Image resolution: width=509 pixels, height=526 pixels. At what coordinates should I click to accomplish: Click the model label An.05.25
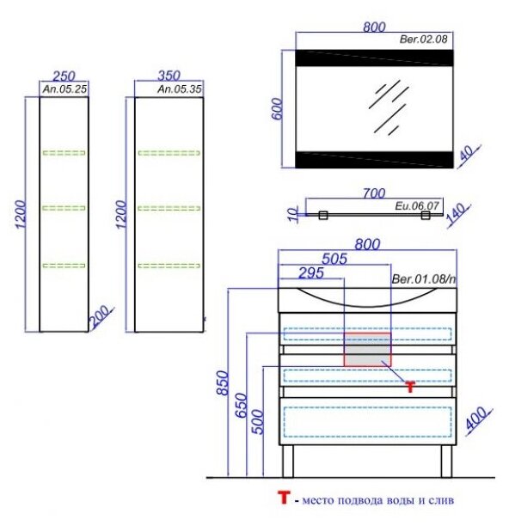pos(64,89)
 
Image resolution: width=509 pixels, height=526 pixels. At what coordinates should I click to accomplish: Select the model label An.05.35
pos(180,89)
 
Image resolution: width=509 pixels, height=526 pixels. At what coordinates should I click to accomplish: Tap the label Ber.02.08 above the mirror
pos(423,40)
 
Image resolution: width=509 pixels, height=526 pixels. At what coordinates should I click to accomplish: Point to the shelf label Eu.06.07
pos(417,205)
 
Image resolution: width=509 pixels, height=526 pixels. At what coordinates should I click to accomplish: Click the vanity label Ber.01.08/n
pos(424,278)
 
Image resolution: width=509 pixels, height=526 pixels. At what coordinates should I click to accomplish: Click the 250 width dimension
pos(64,76)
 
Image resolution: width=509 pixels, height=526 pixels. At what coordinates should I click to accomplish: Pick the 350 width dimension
pos(169,76)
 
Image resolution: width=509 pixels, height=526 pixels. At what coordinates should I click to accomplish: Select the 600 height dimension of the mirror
pos(277,108)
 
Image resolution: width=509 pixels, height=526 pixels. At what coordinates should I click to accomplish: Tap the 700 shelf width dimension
pos(374,193)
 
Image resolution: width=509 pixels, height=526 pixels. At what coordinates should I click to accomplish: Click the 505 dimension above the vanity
pos(334,259)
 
